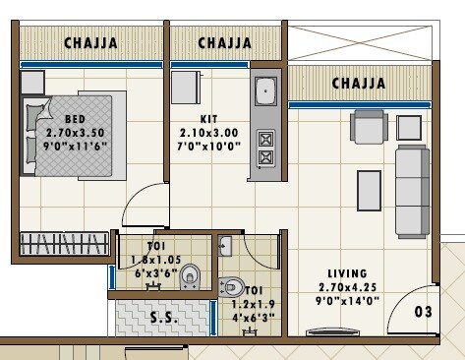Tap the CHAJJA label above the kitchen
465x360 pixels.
[224, 43]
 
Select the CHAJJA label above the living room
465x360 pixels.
[358, 84]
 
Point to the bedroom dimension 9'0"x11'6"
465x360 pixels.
[76, 144]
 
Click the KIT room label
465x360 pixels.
[208, 118]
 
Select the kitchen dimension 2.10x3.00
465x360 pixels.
[207, 131]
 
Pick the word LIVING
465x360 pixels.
[347, 273]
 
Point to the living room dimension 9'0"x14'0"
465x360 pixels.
[347, 301]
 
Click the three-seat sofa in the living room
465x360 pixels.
[411, 191]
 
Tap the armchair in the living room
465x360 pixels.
[369, 127]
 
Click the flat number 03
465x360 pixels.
[423, 313]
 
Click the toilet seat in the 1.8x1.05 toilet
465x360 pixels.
[189, 277]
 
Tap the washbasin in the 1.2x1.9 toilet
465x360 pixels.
[225, 247]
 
